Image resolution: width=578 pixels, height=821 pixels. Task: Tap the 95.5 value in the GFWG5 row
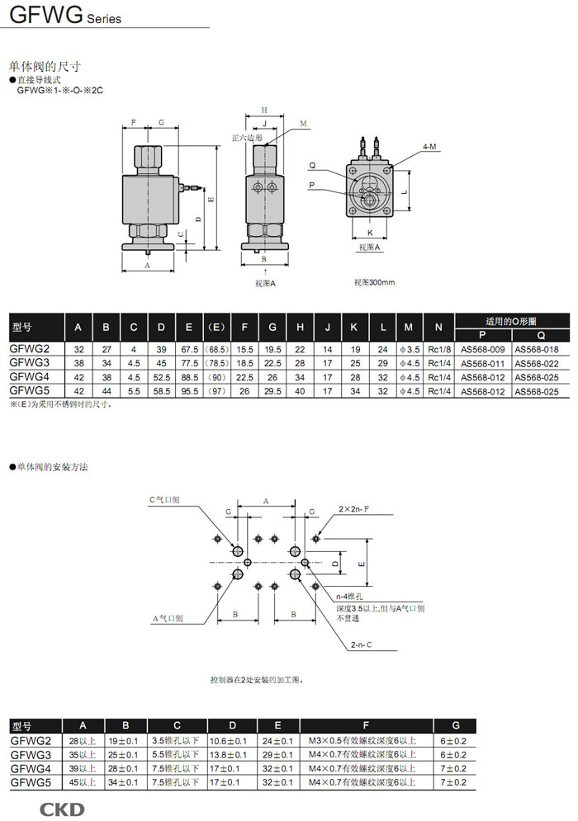[189, 389]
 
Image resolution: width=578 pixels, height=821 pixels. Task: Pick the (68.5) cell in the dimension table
[216, 350]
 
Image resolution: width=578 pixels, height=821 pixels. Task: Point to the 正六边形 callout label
[246, 139]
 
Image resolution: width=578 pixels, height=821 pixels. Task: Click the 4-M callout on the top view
[429, 146]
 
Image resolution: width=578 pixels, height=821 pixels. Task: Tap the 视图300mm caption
[374, 282]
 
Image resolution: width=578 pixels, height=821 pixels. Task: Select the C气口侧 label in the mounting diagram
[164, 500]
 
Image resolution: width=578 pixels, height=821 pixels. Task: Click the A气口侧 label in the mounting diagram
[168, 618]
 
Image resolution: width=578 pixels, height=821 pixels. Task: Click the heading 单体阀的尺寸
[45, 65]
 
